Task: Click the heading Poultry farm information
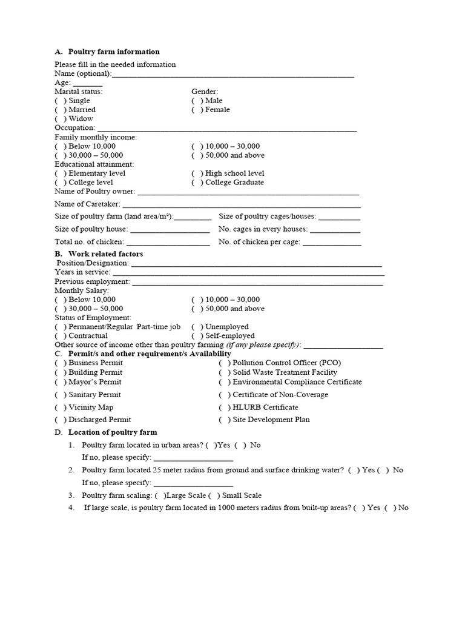pos(114,52)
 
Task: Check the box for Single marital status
pos(61,101)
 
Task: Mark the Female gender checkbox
pos(197,110)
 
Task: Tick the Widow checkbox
pos(61,119)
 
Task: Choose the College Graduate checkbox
pos(197,183)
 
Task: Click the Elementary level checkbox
pos(61,173)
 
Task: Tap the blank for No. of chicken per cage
pos(331,243)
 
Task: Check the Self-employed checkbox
pos(197,336)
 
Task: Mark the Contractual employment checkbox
pos(61,336)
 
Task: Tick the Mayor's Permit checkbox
pos(61,382)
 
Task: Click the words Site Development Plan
pos(271,420)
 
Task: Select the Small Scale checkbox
pos(214,495)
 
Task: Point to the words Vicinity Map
pos(91,408)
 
